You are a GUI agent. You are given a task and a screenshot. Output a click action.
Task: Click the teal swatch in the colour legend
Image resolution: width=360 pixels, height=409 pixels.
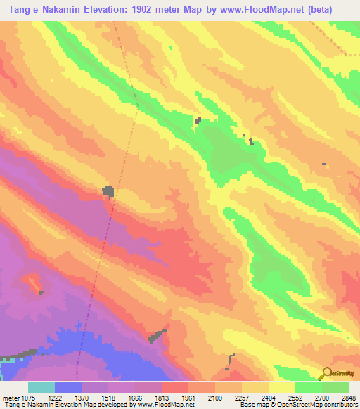pyautogui.click(x=41, y=387)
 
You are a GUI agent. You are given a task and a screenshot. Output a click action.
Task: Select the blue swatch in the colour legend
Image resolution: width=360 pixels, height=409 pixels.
pyautogui.click(x=67, y=387)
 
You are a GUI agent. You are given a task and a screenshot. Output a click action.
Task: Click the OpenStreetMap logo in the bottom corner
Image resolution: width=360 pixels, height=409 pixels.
pyautogui.click(x=337, y=374)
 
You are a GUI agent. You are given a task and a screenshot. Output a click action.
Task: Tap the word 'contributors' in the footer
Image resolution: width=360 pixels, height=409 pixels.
pyautogui.click(x=342, y=404)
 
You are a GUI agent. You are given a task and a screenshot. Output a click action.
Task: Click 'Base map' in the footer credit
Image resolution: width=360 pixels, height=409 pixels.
pyautogui.click(x=252, y=404)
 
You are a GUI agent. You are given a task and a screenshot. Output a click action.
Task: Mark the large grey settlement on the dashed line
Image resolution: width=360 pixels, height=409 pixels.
pyautogui.click(x=108, y=190)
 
